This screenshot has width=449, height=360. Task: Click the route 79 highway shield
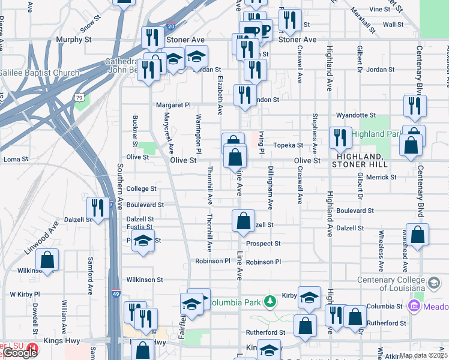(x=79, y=97)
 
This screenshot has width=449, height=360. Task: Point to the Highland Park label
(x=376, y=134)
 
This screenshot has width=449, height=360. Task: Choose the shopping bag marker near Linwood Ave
(x=47, y=260)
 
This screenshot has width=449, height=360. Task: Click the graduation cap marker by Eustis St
(x=143, y=241)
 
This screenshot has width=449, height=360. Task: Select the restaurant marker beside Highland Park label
(x=340, y=138)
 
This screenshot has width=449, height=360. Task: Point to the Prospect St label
(x=263, y=244)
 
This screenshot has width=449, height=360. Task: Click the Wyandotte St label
(x=355, y=115)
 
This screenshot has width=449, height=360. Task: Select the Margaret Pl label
(x=173, y=104)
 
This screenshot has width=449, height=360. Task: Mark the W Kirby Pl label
(x=25, y=295)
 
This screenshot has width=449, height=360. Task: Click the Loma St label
(x=16, y=160)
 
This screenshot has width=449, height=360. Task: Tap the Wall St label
(x=393, y=25)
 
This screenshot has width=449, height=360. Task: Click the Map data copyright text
(x=423, y=355)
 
